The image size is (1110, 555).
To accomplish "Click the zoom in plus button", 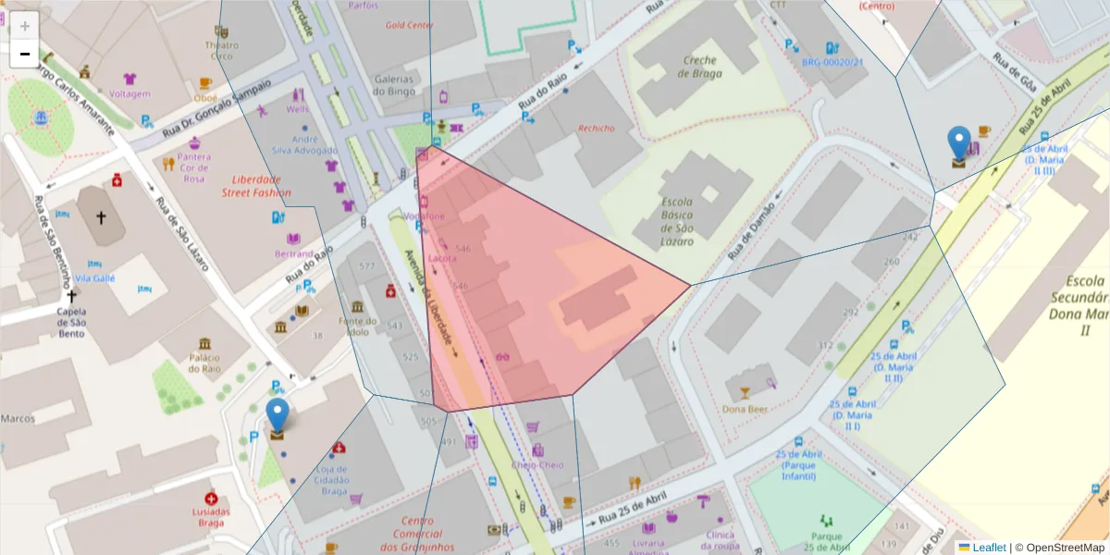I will [x=25, y=26].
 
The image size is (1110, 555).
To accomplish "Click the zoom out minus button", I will [x=25, y=54].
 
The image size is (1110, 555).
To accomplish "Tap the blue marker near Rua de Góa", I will [x=959, y=145].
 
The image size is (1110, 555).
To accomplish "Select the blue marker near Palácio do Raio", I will [x=277, y=417].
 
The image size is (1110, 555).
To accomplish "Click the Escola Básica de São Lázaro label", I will [x=690, y=221].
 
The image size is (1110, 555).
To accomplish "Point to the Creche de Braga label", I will [x=701, y=67].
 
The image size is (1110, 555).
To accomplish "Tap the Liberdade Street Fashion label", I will [x=255, y=186].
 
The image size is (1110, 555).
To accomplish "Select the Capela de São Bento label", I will [x=71, y=322].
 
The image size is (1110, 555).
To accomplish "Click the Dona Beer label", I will [x=746, y=409].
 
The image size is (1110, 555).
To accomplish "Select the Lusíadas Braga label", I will [x=211, y=517].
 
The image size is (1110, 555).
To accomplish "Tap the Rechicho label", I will [x=595, y=129].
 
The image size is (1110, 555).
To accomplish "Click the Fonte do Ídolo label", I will [x=358, y=327].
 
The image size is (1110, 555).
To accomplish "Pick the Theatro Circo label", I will [x=221, y=51].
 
